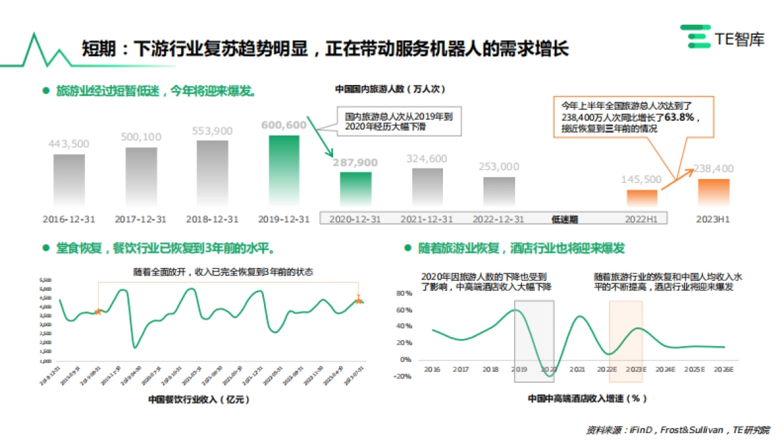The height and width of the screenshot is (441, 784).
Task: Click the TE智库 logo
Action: tap(722, 37)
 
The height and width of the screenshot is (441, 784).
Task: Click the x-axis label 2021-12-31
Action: tap(427, 219)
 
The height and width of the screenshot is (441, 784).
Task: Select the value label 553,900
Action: tap(212, 131)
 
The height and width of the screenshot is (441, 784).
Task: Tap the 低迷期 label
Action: tap(564, 220)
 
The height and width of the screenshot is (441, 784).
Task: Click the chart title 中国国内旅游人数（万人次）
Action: tap(390, 89)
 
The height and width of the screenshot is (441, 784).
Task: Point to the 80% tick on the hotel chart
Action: tap(403, 293)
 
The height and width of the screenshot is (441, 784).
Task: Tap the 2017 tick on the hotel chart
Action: tap(461, 370)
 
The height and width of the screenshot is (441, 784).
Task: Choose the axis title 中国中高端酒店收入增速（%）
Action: tap(587, 397)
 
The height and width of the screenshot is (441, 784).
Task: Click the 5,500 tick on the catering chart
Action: tap(46, 280)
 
